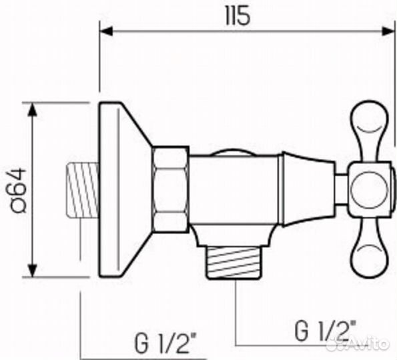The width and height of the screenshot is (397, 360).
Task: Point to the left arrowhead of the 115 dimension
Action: [105, 30]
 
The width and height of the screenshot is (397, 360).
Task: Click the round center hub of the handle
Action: [368, 189]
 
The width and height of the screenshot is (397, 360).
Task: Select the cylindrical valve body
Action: [234, 190]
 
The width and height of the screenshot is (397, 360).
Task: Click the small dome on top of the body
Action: [230, 153]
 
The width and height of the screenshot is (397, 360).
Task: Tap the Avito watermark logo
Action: [364, 345]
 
